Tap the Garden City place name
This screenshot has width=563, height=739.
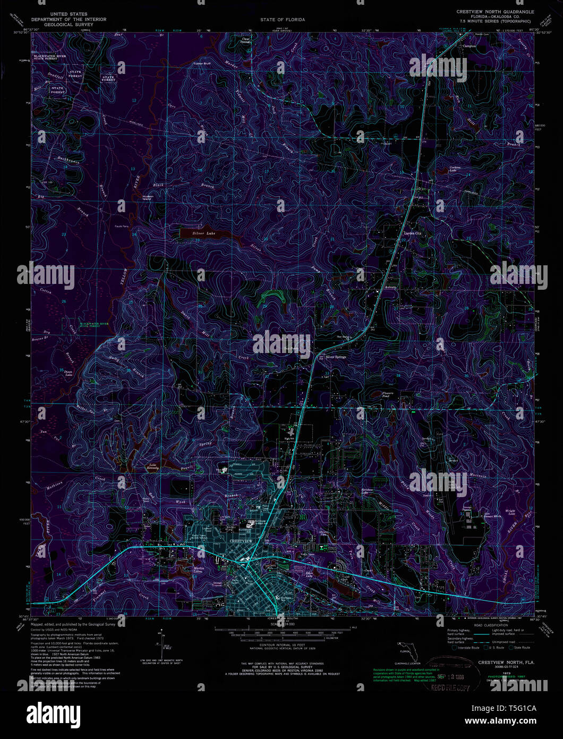tap(412, 233)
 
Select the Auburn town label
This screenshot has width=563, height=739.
tap(391, 288)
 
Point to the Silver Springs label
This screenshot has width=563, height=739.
tap(336, 357)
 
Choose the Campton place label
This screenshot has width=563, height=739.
tap(470, 46)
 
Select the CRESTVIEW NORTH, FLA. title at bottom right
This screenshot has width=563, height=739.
tap(498, 662)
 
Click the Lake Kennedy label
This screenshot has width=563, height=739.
tap(153, 467)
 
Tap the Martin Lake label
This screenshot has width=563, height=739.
tap(199, 569)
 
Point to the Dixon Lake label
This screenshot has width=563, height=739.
tap(69, 374)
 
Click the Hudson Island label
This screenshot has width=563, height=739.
tap(148, 197)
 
